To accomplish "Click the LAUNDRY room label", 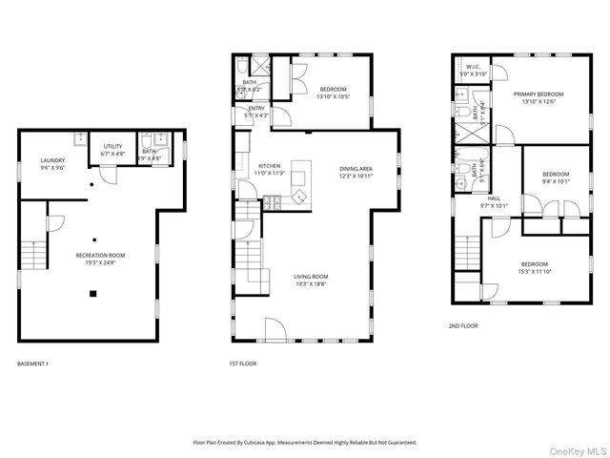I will pos(52,159).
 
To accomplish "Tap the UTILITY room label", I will pos(112,148).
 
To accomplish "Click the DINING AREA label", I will pos(356,170).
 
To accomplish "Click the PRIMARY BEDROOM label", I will pos(539,94).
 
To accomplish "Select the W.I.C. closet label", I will pos(474,67).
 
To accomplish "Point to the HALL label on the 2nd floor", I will pos(494,198).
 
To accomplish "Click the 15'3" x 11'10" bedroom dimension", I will pos(534,271).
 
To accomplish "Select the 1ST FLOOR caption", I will pos(243,364).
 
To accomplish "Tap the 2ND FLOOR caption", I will pos(463,325).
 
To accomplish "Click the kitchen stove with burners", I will pos(271,201).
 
